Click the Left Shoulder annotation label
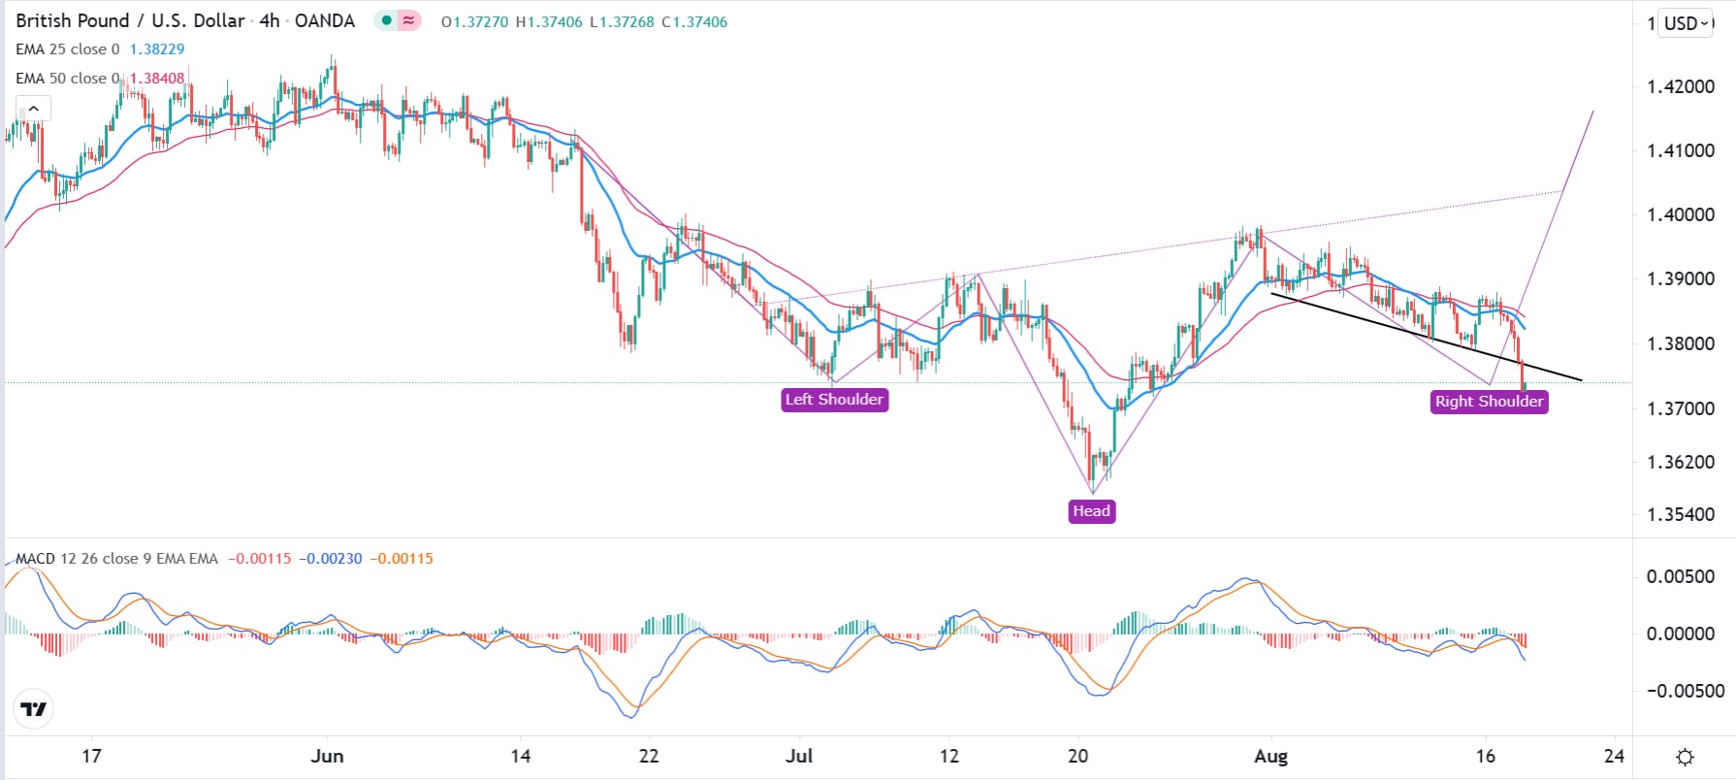834,400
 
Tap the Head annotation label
1091,511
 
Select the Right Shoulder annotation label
1489,402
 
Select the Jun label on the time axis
328,756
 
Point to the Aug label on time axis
1270,756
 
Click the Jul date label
799,756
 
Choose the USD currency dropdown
1688,23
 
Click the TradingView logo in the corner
34,709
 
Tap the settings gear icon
1686,757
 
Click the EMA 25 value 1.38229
157,49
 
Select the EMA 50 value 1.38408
157,79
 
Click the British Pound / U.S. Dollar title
130,21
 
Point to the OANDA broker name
324,21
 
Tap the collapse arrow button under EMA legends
33,109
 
